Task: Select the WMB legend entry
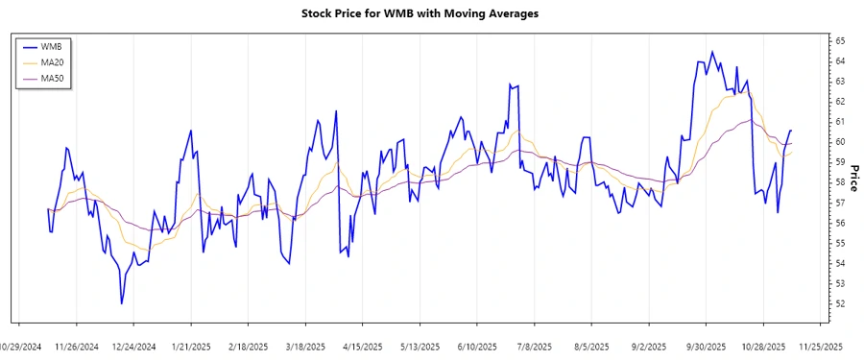click(59, 46)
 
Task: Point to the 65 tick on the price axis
click(839, 41)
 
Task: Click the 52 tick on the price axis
click(839, 304)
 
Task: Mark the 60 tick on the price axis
click(839, 142)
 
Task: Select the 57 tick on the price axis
click(839, 203)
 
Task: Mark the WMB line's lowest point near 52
click(121, 303)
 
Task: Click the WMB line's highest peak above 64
click(711, 52)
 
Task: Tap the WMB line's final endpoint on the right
click(791, 130)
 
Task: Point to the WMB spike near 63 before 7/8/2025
click(511, 84)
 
